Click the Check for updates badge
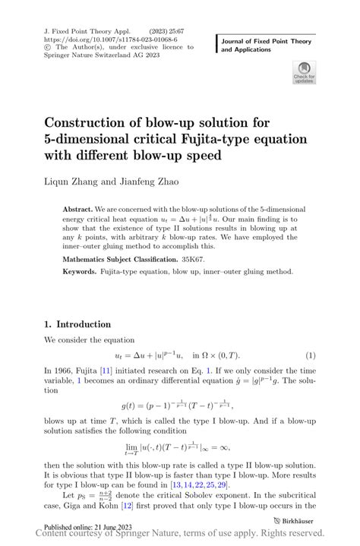point(304,73)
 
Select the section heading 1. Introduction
point(77,323)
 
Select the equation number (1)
point(310,355)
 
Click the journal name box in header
point(266,45)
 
